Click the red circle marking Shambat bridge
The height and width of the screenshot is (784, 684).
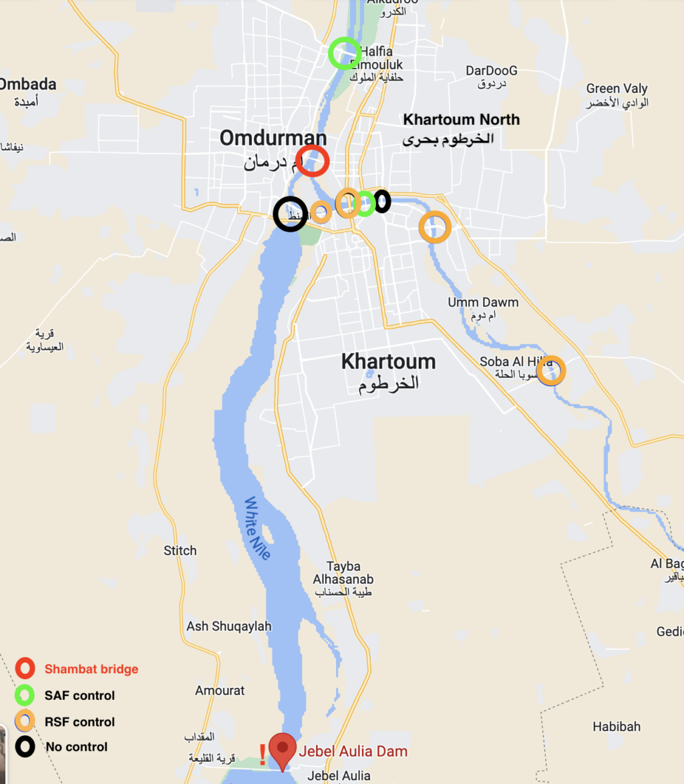[312, 161]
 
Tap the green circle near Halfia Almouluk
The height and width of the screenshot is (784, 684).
[345, 53]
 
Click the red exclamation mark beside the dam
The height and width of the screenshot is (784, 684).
[263, 755]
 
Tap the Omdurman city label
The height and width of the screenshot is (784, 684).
[273, 138]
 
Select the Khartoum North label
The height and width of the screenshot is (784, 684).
[461, 120]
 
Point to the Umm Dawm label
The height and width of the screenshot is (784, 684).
[482, 303]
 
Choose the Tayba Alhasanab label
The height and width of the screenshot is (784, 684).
[343, 572]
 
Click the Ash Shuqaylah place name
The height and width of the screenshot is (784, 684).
[229, 626]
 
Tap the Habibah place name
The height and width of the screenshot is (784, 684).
[617, 727]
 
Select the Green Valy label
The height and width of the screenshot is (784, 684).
[617, 89]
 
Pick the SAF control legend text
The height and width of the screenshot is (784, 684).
[79, 696]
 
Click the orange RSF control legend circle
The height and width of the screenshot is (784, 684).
[25, 722]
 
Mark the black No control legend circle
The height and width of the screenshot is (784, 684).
[25, 747]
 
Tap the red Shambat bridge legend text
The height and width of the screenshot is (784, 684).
[92, 669]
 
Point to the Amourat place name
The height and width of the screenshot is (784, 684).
[220, 691]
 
